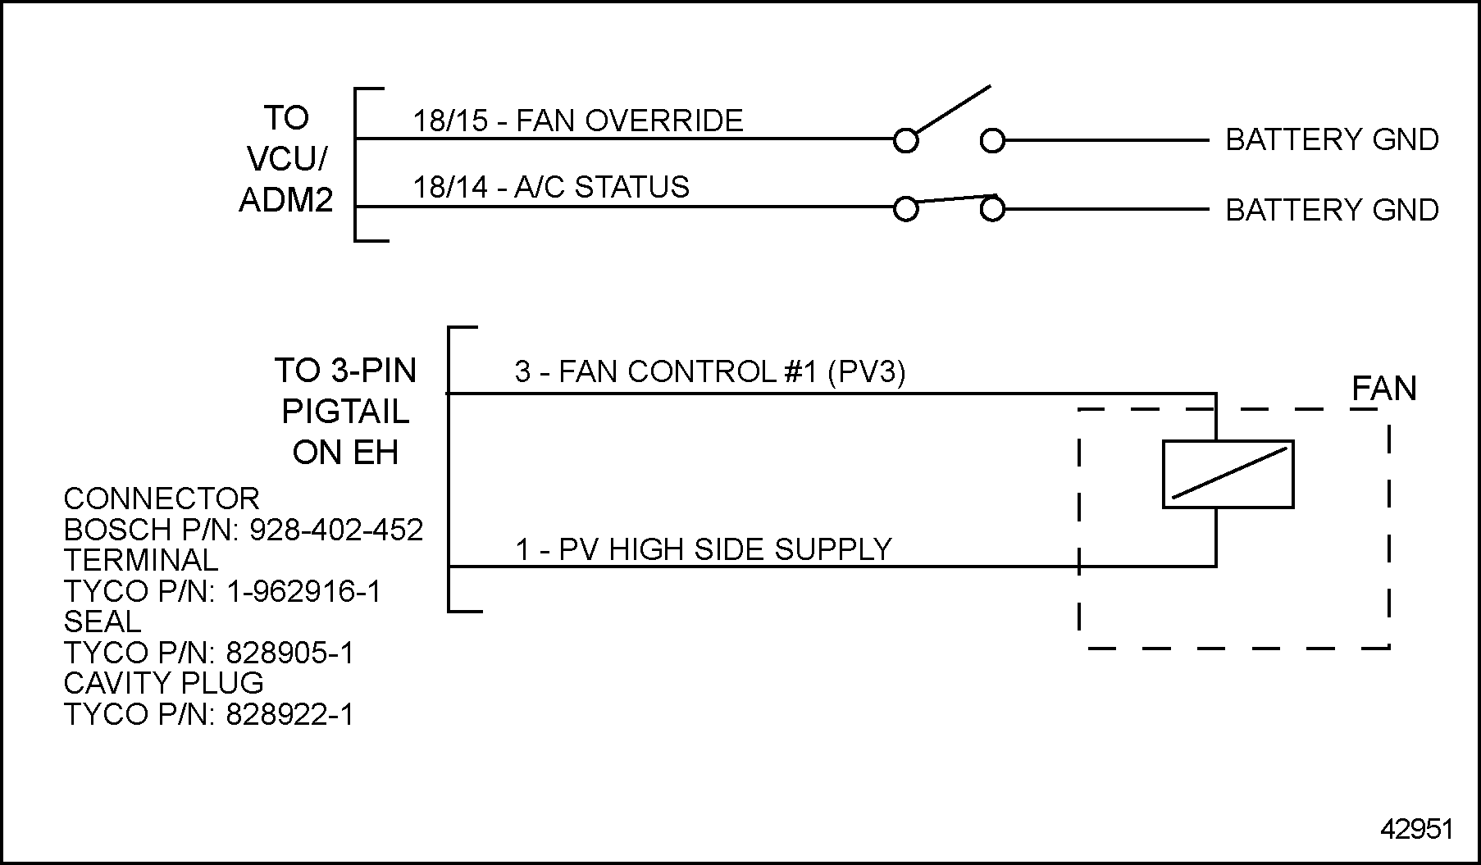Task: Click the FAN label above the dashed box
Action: tap(1383, 388)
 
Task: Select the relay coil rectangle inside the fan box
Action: tap(1228, 474)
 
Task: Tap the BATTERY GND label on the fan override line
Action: tap(1332, 139)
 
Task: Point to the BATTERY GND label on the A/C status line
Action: tap(1332, 210)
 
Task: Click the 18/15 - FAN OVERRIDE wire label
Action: tap(577, 121)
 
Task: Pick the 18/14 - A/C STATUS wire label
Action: tap(550, 187)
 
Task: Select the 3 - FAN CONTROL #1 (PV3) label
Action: tap(709, 371)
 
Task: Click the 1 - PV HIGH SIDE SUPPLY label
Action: tap(703, 549)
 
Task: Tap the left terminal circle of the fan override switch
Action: tap(905, 141)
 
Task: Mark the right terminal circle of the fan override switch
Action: tap(992, 141)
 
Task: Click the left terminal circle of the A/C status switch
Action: tap(905, 210)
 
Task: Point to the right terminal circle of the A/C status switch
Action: tap(992, 210)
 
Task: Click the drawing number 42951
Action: tap(1416, 829)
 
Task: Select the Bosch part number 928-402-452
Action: tap(336, 530)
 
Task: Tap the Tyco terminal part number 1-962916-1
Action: tap(303, 591)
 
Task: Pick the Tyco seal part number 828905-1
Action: tap(289, 653)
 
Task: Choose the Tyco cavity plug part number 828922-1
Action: tap(289, 715)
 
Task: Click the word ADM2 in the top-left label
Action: tap(286, 200)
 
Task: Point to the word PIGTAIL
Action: tap(345, 412)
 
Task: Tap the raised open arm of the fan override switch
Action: tap(953, 108)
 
